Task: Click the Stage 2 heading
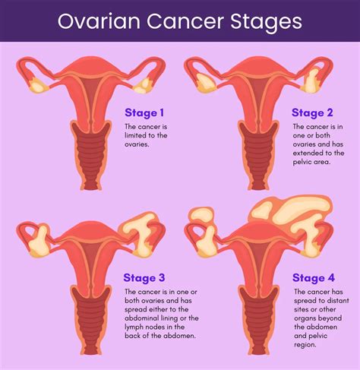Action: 314,112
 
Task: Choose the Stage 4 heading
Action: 314,277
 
